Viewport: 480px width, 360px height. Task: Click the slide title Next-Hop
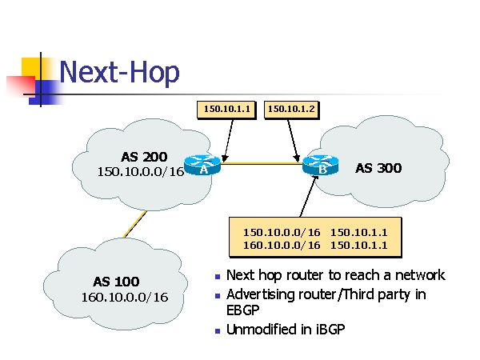[119, 72]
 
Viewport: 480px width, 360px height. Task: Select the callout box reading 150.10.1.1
[226, 108]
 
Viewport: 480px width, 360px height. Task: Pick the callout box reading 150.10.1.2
[290, 108]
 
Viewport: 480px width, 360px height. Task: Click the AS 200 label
[144, 156]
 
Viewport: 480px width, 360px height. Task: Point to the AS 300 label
[378, 168]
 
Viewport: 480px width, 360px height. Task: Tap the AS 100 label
[116, 282]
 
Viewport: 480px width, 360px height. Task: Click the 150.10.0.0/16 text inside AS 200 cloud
[141, 171]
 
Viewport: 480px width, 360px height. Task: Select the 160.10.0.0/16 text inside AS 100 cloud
[124, 298]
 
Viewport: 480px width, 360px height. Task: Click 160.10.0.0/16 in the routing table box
[281, 246]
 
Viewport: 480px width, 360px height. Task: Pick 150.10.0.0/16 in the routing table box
[281, 232]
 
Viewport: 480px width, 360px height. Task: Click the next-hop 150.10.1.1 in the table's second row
[358, 246]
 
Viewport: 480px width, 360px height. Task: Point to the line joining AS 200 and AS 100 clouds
[134, 225]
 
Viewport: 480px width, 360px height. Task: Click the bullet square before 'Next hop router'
[218, 277]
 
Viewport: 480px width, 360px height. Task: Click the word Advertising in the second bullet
[263, 294]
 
